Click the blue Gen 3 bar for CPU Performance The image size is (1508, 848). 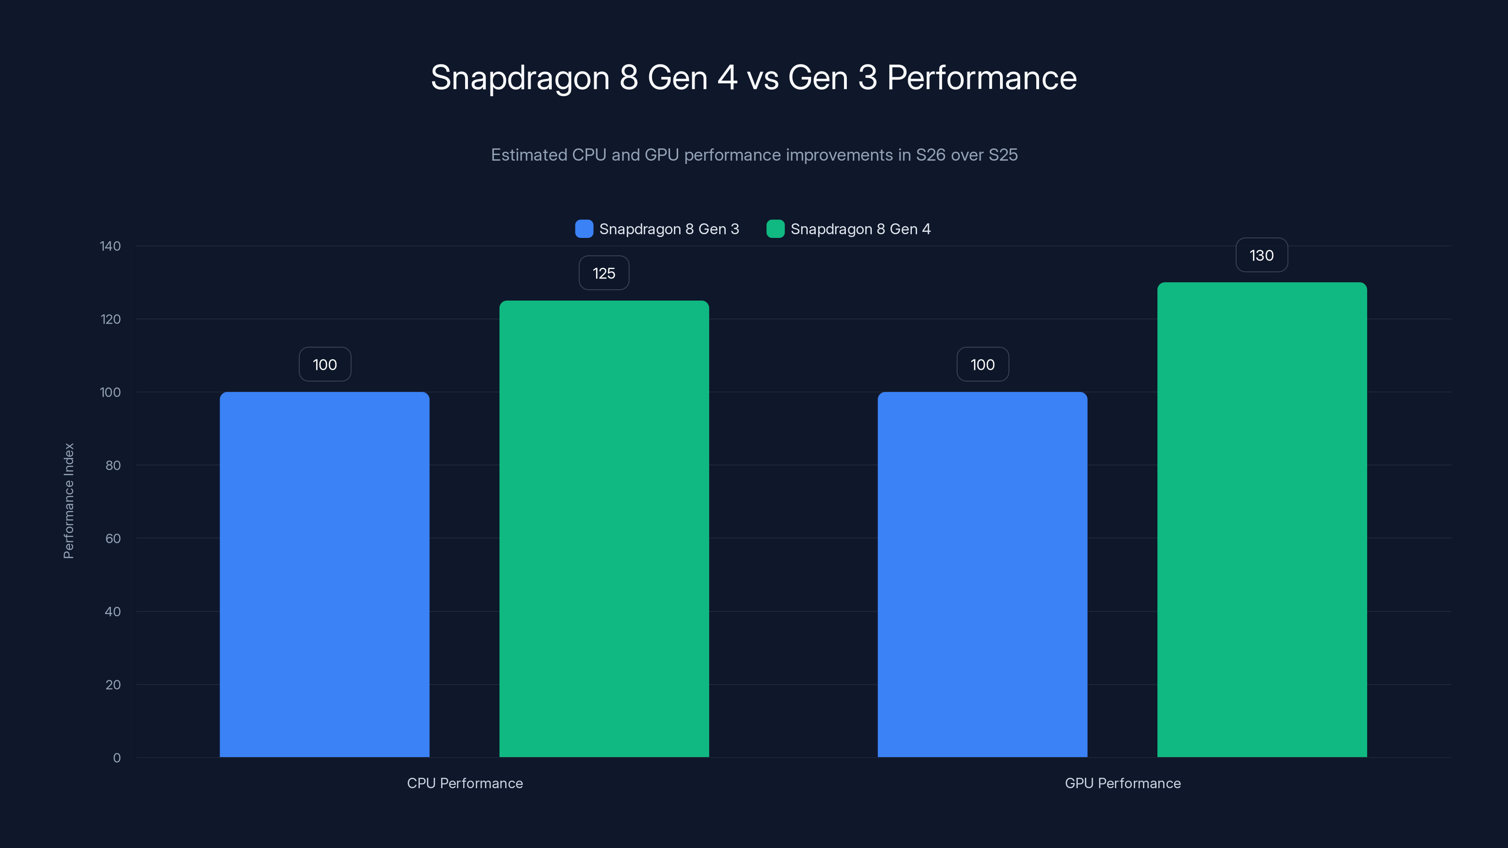(324, 573)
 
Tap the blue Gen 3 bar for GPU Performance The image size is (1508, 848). (982, 573)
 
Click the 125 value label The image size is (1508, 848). (604, 273)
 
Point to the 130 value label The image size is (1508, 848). (1262, 255)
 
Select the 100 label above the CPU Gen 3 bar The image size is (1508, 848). (325, 365)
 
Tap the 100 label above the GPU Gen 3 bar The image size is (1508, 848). (982, 365)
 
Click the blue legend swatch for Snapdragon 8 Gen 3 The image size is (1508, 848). (584, 229)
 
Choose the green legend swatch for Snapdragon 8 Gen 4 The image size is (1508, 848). (775, 229)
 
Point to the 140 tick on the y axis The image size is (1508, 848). (110, 246)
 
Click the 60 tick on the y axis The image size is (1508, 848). (113, 538)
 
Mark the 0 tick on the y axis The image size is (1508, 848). (117, 758)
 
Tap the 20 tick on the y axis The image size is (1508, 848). (113, 685)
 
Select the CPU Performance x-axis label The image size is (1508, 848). (465, 783)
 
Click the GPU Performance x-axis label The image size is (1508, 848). (1122, 783)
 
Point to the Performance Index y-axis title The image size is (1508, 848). (68, 501)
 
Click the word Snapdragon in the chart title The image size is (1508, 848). (520, 78)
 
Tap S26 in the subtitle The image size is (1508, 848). (930, 155)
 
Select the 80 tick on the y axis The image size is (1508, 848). (113, 465)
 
